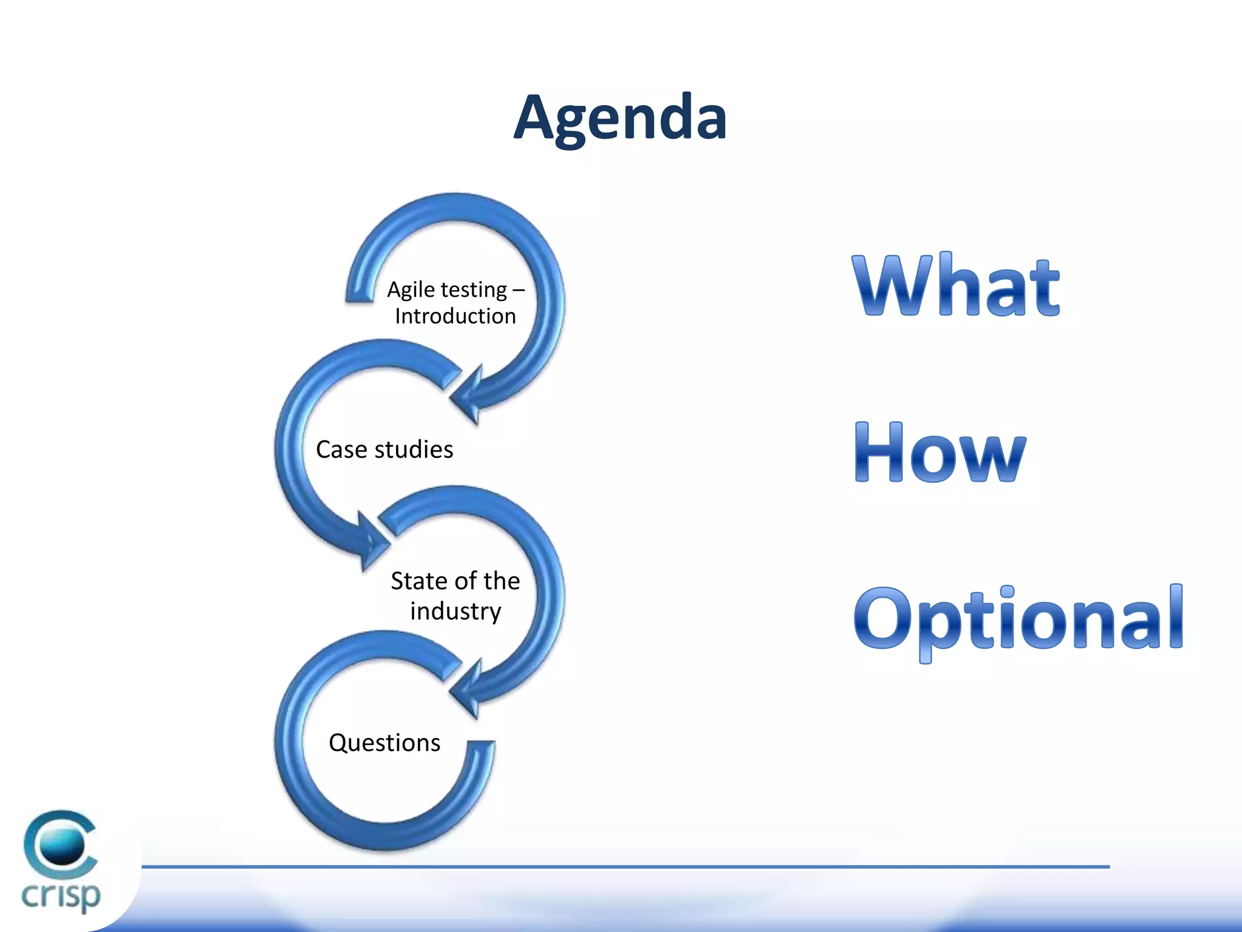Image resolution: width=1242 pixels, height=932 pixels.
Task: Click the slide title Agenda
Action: pyautogui.click(x=620, y=118)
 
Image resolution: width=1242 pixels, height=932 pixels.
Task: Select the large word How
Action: pyautogui.click(x=939, y=453)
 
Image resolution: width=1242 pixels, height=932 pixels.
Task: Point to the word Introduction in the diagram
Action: pyautogui.click(x=455, y=316)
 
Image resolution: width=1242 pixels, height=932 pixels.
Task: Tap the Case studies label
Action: pyautogui.click(x=384, y=450)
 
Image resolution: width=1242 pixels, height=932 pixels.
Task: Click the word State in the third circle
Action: pyautogui.click(x=419, y=581)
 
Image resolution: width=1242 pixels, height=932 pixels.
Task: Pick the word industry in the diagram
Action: pyautogui.click(x=455, y=611)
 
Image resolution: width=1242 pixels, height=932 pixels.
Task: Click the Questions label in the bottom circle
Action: pyautogui.click(x=384, y=743)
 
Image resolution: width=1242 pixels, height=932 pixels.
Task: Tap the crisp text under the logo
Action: pyautogui.click(x=61, y=896)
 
